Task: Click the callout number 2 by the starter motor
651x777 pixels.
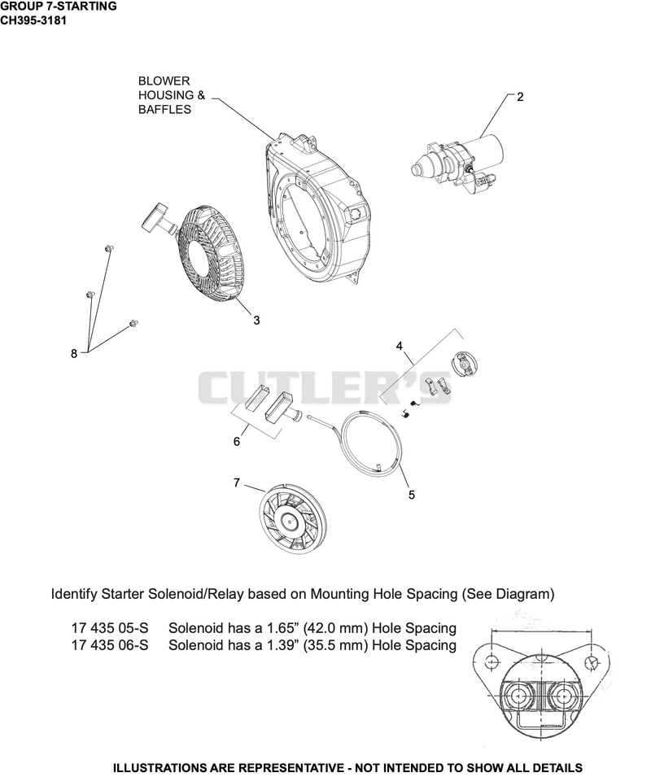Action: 520,97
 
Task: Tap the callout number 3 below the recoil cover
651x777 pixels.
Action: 256,321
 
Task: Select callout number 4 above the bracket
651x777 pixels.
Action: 400,347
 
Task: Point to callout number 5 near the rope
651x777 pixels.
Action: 411,495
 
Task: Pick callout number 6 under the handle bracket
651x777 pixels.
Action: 237,442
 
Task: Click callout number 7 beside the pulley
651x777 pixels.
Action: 237,482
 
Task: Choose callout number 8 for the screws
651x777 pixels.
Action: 74,354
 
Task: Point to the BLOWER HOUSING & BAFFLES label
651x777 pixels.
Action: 172,95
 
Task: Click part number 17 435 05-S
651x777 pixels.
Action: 110,628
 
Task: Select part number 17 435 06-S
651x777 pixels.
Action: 110,645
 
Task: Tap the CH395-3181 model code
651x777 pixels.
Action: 33,20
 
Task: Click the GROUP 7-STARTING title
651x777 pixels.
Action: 59,7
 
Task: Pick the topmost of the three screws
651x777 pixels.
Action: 107,248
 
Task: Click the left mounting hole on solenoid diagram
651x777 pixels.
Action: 492,661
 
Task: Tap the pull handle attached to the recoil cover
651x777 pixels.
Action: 157,219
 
